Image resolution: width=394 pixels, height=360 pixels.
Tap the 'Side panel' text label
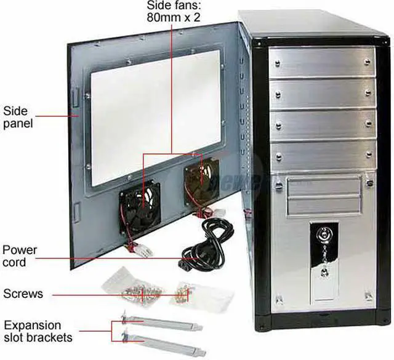18,117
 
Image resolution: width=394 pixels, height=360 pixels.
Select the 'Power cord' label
20,256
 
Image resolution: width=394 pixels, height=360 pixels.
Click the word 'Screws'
23,293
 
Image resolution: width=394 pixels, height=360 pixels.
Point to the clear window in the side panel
154,117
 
